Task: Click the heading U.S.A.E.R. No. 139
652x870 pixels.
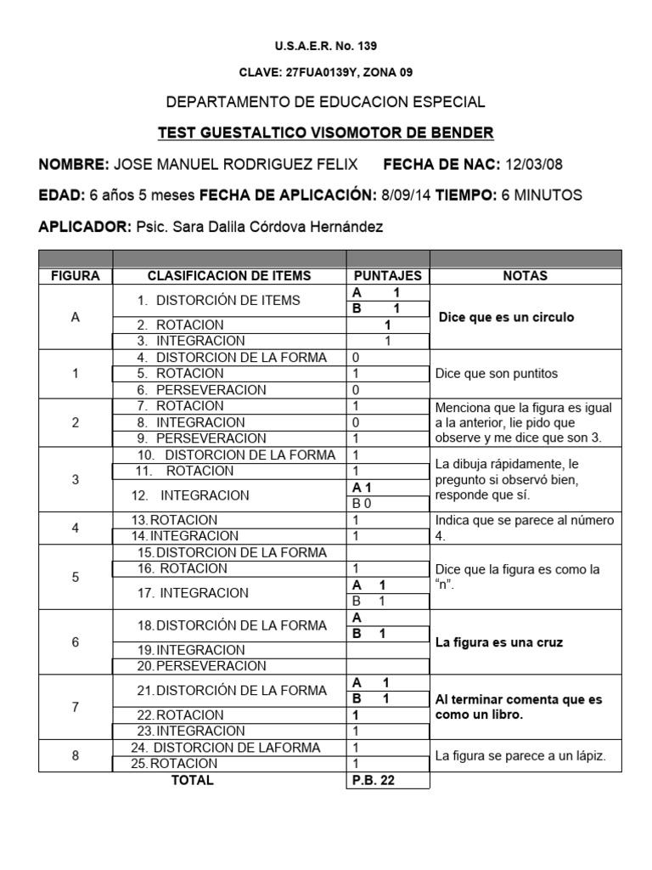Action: pos(325,46)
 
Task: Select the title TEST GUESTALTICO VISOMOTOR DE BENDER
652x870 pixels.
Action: pos(325,133)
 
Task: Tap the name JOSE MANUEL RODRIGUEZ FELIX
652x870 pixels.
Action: pos(235,164)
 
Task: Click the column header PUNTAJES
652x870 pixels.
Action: pos(387,276)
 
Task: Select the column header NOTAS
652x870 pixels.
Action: pos(526,276)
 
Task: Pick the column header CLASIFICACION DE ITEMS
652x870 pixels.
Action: pos(229,276)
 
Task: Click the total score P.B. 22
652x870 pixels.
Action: pos(374,780)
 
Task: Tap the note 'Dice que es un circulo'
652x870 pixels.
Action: pos(506,318)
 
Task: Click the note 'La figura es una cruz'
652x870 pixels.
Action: pos(498,642)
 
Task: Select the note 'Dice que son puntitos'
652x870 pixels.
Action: pos(496,373)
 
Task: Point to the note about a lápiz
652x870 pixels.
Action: pos(520,755)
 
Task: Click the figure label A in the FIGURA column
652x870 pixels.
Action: pos(76,318)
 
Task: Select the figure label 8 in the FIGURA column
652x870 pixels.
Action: pos(76,755)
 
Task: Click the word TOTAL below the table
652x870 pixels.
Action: pos(193,780)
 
